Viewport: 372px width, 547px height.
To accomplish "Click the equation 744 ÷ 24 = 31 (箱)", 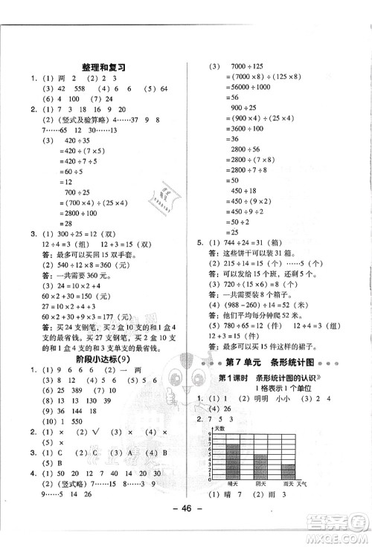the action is [264, 242].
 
